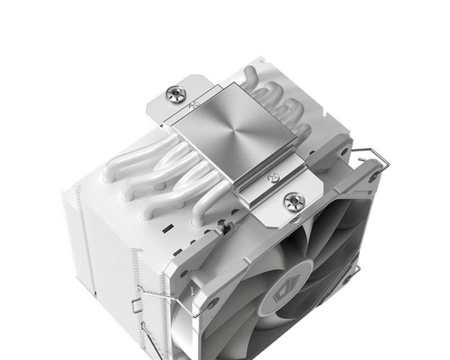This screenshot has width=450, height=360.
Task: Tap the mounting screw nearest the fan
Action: [x=294, y=201]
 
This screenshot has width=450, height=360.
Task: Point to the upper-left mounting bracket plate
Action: [x=168, y=103]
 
